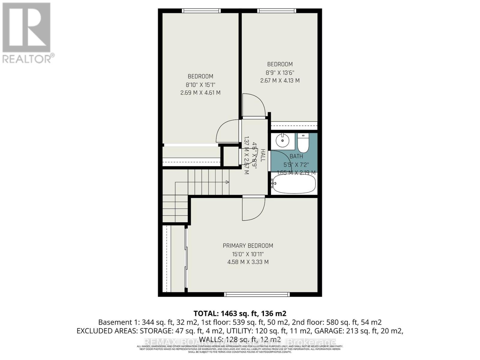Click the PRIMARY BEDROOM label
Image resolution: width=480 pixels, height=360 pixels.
[248, 246]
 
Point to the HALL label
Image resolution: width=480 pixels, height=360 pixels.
[263, 155]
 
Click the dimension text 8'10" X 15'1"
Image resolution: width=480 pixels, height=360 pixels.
[200, 85]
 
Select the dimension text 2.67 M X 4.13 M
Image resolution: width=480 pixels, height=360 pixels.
[280, 80]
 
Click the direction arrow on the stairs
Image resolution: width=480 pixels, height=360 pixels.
[227, 182]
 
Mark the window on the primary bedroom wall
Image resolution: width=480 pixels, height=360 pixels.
[257, 294]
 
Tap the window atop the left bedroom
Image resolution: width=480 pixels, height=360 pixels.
[201, 11]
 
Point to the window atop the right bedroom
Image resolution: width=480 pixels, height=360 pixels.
[277, 11]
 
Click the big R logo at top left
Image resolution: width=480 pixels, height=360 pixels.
[26, 28]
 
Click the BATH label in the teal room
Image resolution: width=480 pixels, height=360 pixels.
[296, 156]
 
